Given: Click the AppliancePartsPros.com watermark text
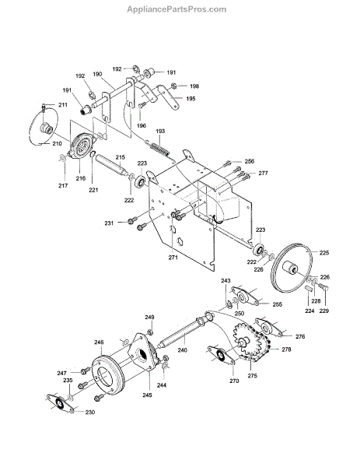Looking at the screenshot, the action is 177,9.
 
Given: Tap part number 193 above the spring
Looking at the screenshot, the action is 160,131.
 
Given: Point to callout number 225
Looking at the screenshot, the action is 324,252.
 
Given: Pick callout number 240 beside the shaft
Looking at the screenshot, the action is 182,350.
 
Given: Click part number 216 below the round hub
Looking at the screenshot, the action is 81,178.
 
